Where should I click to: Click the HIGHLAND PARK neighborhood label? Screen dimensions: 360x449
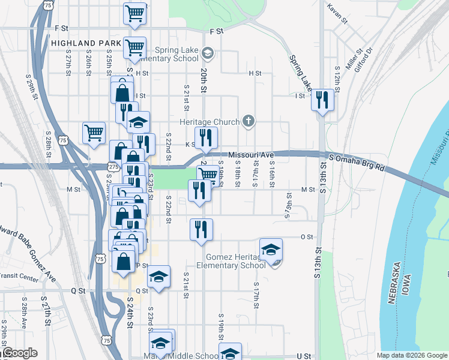[82, 44]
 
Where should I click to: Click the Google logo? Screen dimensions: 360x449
[19, 353]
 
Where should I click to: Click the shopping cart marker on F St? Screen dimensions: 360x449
[135, 13]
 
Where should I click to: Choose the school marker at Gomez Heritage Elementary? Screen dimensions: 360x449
[271, 250]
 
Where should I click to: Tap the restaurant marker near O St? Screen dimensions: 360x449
[202, 230]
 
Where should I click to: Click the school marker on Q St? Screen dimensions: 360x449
[159, 277]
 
